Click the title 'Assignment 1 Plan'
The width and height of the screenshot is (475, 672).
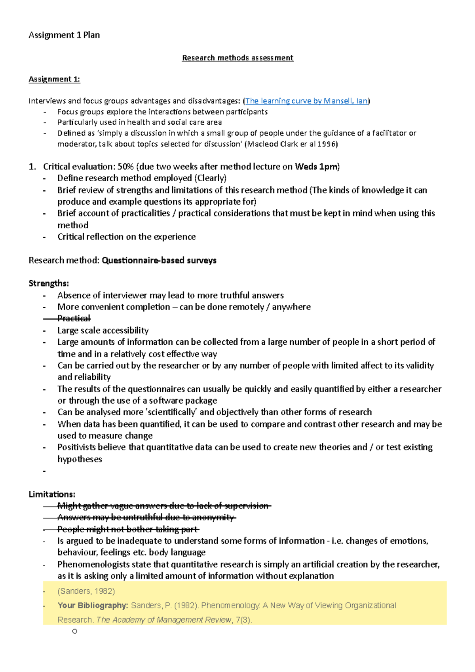pos(64,35)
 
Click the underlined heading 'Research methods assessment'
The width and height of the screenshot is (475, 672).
pos(237,58)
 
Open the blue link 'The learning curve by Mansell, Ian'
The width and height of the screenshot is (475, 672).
pos(306,101)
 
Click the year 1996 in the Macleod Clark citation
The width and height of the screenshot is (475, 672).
pos(327,144)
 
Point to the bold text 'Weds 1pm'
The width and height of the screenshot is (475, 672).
pos(316,167)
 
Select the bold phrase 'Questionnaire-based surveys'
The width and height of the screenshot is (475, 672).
pos(159,260)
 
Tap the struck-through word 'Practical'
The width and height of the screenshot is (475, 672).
pos(74,318)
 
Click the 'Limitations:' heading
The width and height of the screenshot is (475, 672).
pos(52,494)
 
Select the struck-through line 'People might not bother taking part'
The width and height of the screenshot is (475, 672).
pos(128,529)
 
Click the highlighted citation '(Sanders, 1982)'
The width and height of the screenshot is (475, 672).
pos(86,591)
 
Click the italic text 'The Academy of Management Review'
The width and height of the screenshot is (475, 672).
pos(164,620)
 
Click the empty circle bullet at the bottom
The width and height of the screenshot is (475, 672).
pos(74,631)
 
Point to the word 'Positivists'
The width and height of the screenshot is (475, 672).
pos(76,447)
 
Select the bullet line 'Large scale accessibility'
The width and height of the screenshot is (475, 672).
pos(103,330)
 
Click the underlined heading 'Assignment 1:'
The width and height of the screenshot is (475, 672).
pos(54,79)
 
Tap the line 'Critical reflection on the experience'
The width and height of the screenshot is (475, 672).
pos(127,237)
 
